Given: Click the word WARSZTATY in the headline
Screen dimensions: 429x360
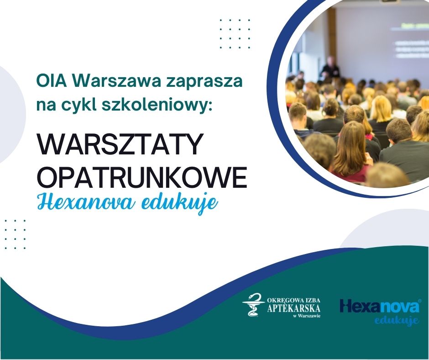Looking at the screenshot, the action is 120,144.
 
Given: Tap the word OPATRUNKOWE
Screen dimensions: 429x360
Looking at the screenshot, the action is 142,177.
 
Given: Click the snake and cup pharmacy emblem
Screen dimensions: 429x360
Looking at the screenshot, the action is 254,304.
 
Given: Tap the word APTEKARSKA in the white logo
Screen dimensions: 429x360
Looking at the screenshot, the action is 293,308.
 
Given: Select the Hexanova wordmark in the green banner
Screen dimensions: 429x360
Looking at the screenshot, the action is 379,307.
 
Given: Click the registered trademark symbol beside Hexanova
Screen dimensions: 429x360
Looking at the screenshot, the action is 420,301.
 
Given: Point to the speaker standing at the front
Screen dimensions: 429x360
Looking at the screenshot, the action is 330,68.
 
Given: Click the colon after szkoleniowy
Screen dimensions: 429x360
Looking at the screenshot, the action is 209,107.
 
